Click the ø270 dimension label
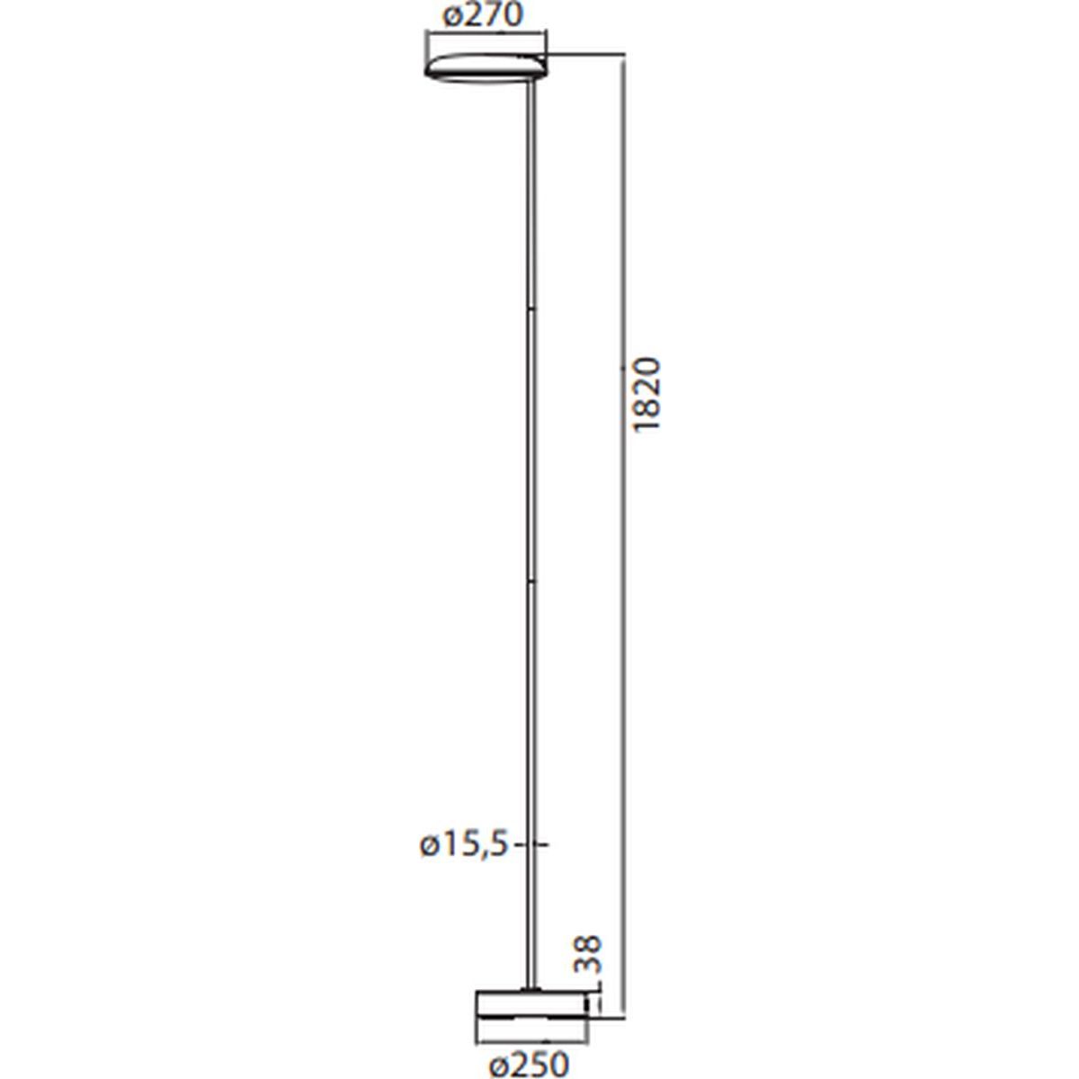pyautogui.click(x=482, y=16)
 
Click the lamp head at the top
pyautogui.click(x=486, y=66)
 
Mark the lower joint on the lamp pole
pyautogui.click(x=531, y=583)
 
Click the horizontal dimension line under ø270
pyautogui.click(x=486, y=36)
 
